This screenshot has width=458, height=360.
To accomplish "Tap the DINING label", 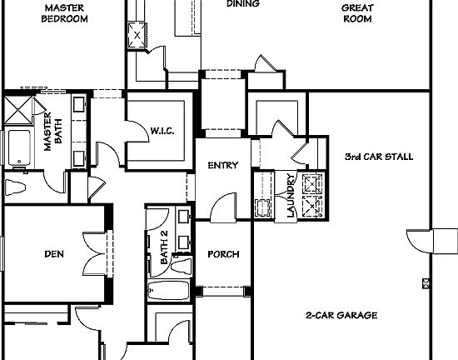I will pyautogui.click(x=242, y=4).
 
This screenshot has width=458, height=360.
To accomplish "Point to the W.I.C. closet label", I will pyautogui.click(x=162, y=130).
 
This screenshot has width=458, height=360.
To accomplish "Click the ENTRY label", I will pyautogui.click(x=222, y=166).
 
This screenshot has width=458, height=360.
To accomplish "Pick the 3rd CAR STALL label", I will pyautogui.click(x=378, y=157).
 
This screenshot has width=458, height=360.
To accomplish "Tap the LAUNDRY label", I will pyautogui.click(x=291, y=195).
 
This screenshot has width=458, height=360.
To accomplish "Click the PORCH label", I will pyautogui.click(x=223, y=254).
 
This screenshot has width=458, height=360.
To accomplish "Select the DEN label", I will pyautogui.click(x=55, y=254).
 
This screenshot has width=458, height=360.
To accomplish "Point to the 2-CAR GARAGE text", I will pyautogui.click(x=341, y=316).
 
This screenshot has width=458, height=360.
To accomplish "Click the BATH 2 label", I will pyautogui.click(x=164, y=245).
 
